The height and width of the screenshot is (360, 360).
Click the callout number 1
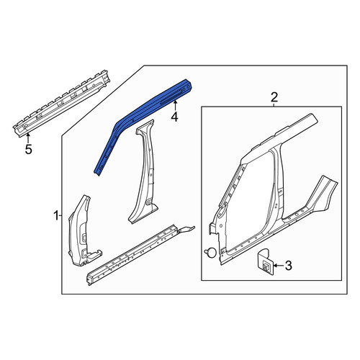pos(56,216)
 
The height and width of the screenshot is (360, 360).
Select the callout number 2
pos(274,98)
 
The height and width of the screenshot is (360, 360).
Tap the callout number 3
pos(288,266)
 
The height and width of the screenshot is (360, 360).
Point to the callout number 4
pos(175,117)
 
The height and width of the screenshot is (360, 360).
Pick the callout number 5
pos(29,150)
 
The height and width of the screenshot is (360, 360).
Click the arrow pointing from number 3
pos(279,266)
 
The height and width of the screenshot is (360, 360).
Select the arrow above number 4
pos(175,106)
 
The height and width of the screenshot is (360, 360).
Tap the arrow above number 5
pos(29,138)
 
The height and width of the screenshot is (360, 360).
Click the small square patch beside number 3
pos(266,262)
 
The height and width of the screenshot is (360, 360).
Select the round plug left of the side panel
pos(210,252)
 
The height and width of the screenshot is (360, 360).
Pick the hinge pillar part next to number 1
pos(81,233)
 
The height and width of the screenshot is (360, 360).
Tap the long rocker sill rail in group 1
pos(135,254)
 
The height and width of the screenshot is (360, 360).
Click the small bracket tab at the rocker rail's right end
pos(186,230)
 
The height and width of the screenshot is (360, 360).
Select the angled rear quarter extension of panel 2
pos(322,194)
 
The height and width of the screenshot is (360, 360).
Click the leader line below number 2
pos(274,104)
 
